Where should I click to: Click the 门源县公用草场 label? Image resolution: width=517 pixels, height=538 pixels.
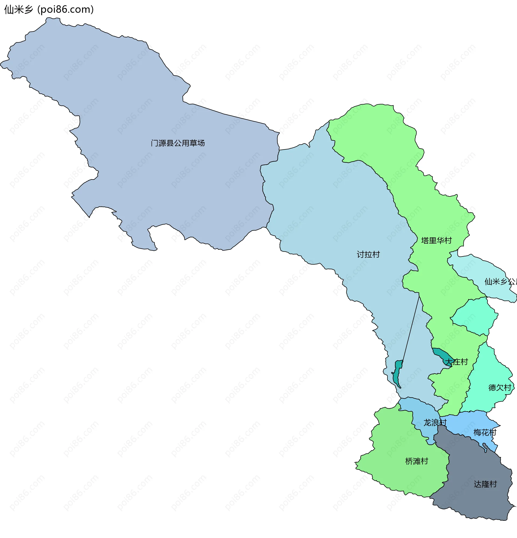pyautogui.click(x=178, y=143)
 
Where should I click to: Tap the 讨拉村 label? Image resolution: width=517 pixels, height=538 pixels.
pyautogui.click(x=368, y=254)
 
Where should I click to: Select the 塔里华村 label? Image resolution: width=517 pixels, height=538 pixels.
pyautogui.click(x=436, y=240)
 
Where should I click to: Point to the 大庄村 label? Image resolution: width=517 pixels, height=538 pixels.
pyautogui.click(x=456, y=362)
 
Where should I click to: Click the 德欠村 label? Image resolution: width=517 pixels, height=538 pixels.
pyautogui.click(x=500, y=387)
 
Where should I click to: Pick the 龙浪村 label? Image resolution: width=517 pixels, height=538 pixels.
pyautogui.click(x=435, y=423)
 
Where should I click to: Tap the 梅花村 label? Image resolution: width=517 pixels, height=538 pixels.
pyautogui.click(x=485, y=432)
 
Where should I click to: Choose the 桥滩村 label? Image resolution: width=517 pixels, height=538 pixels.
pyautogui.click(x=417, y=461)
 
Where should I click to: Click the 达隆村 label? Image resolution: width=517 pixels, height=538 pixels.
pyautogui.click(x=485, y=484)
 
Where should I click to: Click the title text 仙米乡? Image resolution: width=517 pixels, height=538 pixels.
pyautogui.click(x=18, y=10)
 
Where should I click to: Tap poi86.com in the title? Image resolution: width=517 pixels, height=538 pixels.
pyautogui.click(x=65, y=10)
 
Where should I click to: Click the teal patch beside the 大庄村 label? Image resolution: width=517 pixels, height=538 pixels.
pyautogui.click(x=441, y=356)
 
